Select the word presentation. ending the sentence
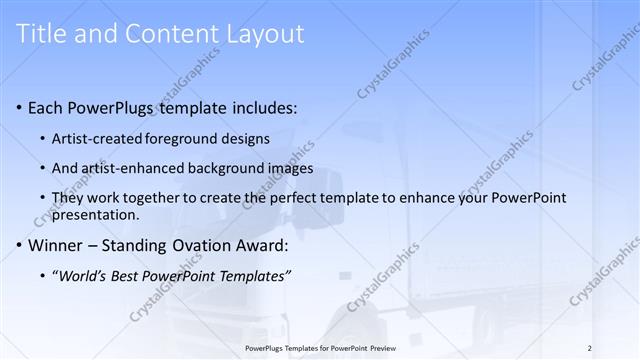(x=98, y=214)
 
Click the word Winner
(x=57, y=245)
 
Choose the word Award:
(x=265, y=245)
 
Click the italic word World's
(x=83, y=275)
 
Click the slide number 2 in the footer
(x=590, y=347)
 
